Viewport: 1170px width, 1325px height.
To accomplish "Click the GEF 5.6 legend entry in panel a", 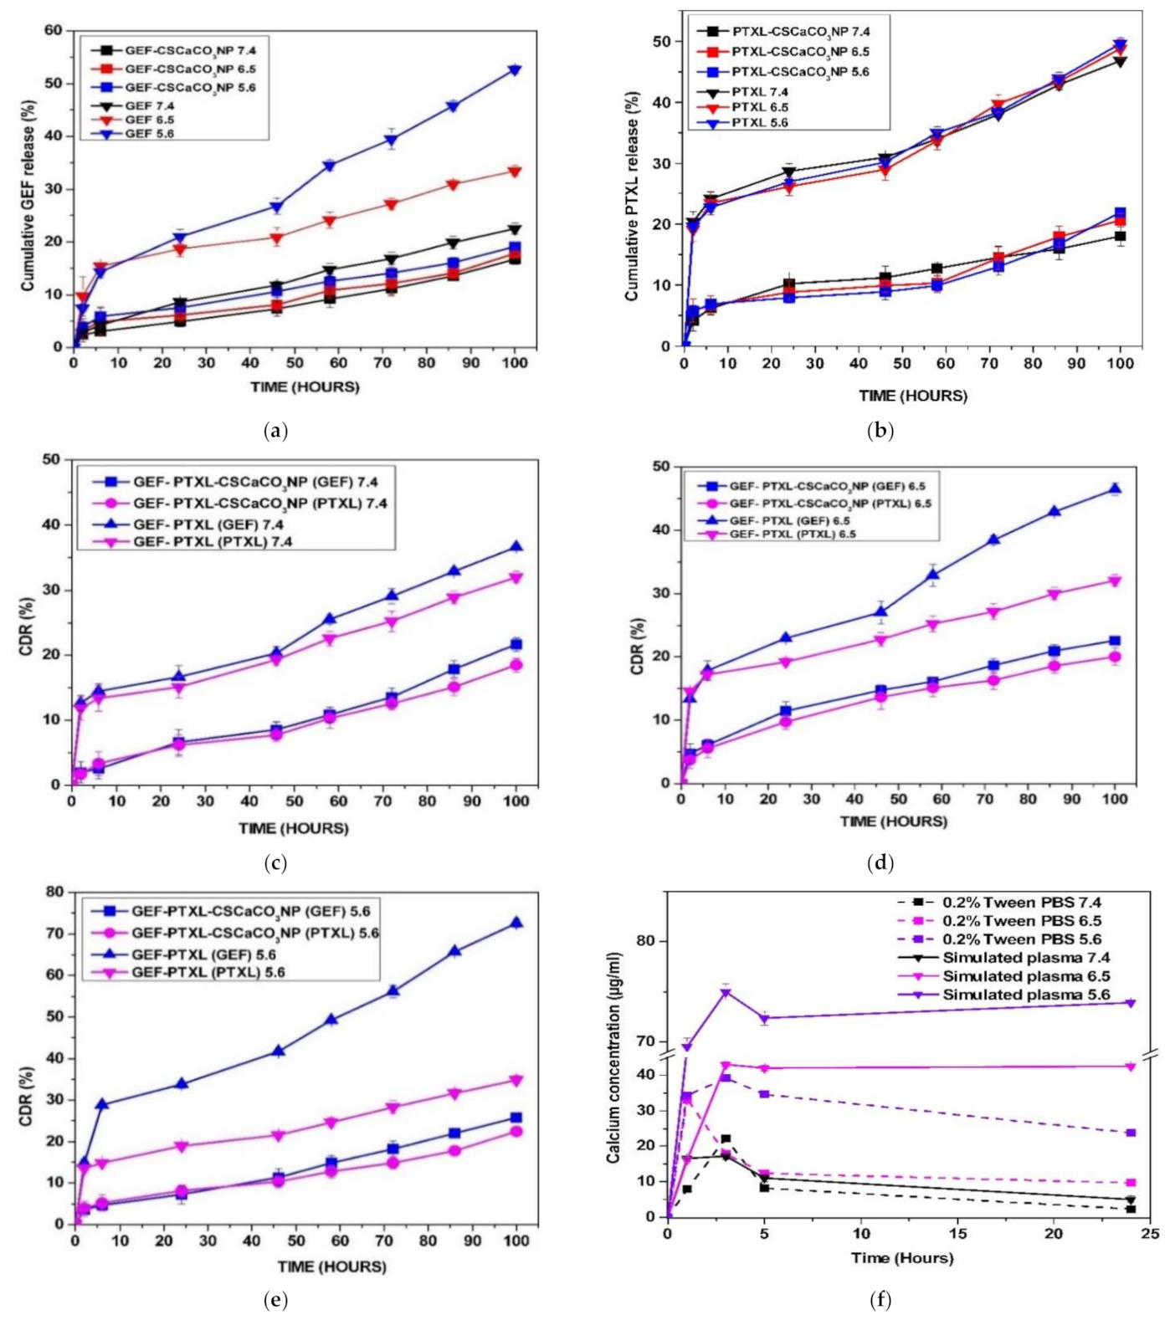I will pyautogui.click(x=149, y=134).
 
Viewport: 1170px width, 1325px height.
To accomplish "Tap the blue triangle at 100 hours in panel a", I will pyautogui.click(x=515, y=70).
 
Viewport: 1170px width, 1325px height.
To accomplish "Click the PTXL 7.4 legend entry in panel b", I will pyautogui.click(x=760, y=92).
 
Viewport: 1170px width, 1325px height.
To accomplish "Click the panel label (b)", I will pyautogui.click(x=880, y=432).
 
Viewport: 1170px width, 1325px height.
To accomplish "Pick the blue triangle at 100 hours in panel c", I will pyautogui.click(x=516, y=547).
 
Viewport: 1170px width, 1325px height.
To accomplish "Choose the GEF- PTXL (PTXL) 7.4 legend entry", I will pyautogui.click(x=213, y=542).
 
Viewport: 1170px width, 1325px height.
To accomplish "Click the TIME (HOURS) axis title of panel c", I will pyautogui.click(x=293, y=828).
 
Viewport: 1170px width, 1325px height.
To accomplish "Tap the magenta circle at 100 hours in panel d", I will pyautogui.click(x=1115, y=657).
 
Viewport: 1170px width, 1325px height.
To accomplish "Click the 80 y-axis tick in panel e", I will pyautogui.click(x=54, y=893).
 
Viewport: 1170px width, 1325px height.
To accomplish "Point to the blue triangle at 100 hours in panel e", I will pyautogui.click(x=516, y=923).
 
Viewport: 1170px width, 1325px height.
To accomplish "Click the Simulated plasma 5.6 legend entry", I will pyautogui.click(x=1026, y=995).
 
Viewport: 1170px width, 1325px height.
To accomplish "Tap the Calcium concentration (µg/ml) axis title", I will pyautogui.click(x=614, y=1057).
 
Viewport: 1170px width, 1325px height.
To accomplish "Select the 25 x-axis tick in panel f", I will pyautogui.click(x=1150, y=1234).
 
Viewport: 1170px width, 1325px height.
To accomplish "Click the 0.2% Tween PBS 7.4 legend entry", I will pyautogui.click(x=1021, y=903).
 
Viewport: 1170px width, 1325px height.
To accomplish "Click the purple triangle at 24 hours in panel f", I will pyautogui.click(x=1131, y=1003).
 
